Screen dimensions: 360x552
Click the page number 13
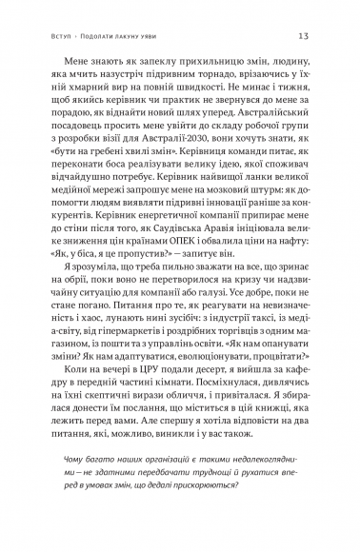[x=302, y=36]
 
